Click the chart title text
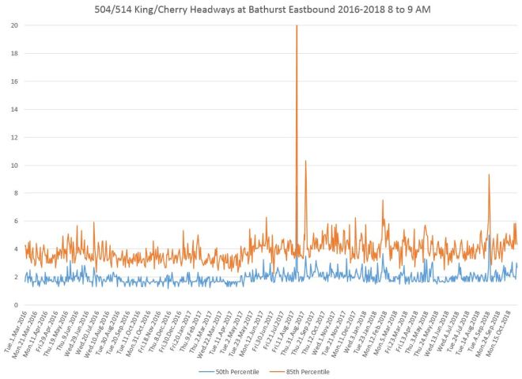[x=260, y=10]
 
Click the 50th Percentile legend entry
[x=225, y=370]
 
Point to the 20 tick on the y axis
[x=14, y=25]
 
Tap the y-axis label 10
[x=14, y=165]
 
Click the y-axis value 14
[x=14, y=109]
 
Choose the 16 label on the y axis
[x=14, y=81]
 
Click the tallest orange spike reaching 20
[x=297, y=27]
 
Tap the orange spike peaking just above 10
[x=305, y=161]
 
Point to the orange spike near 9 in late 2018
[x=489, y=176]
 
